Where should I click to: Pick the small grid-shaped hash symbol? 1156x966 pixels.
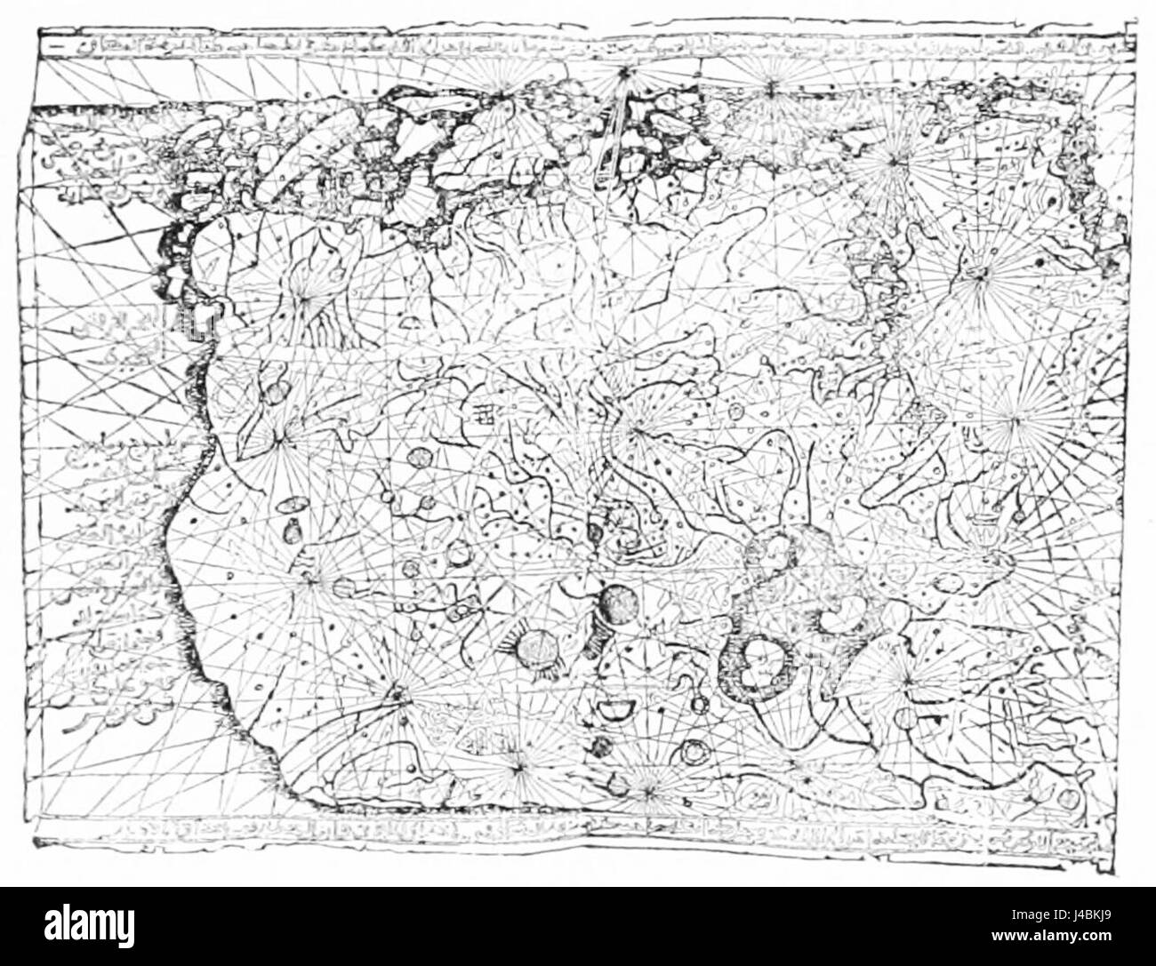pos(485,413)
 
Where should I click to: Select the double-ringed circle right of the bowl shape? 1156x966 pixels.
pos(693,752)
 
